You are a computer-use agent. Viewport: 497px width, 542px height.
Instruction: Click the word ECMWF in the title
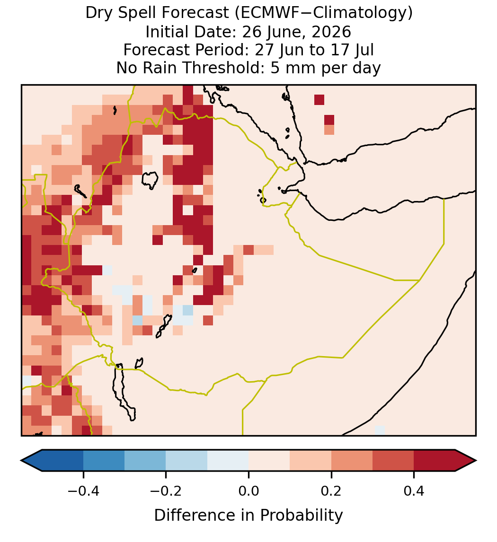(265, 13)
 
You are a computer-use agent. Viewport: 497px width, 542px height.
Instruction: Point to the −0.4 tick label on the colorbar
(83, 491)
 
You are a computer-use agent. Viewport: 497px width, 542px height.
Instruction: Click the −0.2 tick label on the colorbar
(166, 491)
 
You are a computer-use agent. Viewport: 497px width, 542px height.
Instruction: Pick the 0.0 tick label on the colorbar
(248, 491)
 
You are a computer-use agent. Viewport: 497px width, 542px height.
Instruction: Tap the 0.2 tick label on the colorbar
(331, 491)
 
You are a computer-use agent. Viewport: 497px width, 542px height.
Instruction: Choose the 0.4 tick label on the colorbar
(414, 491)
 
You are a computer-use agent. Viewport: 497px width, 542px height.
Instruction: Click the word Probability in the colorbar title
(301, 516)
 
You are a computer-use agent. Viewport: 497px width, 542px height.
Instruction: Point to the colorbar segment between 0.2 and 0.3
(352, 461)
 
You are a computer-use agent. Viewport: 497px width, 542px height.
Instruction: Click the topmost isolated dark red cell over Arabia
(319, 99)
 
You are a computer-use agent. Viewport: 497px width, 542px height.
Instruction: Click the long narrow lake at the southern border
(124, 392)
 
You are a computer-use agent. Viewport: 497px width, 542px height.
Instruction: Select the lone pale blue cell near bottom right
(380, 430)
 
